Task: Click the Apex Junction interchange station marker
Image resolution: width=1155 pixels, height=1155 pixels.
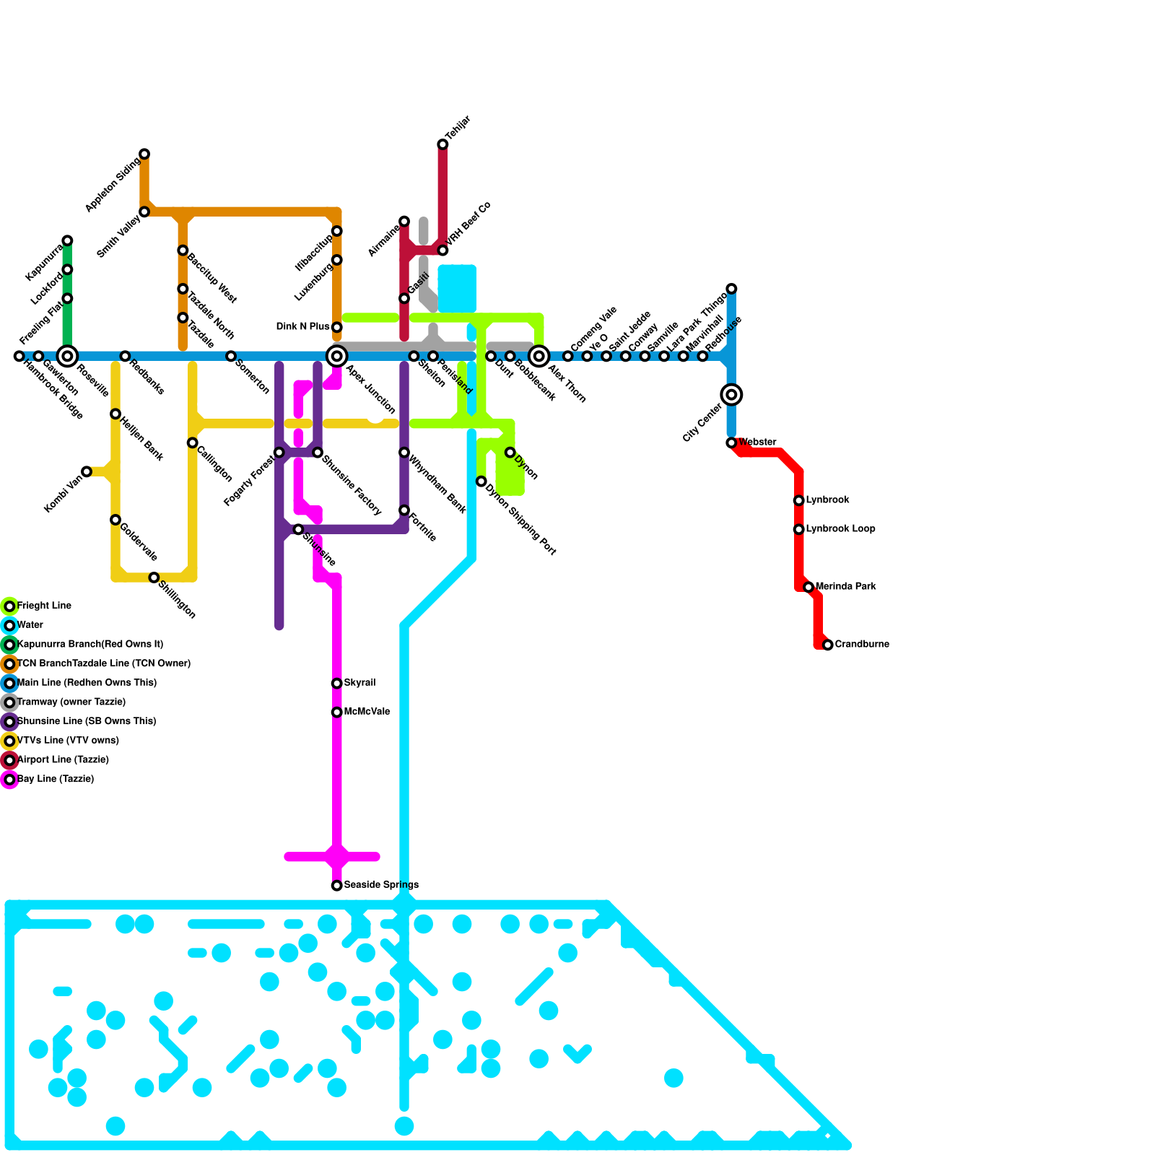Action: tap(336, 356)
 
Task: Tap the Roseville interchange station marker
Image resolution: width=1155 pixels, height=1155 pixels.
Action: tap(67, 356)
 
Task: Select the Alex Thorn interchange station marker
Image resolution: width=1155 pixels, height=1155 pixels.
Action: tap(539, 356)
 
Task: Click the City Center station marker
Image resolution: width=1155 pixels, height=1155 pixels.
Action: tap(731, 394)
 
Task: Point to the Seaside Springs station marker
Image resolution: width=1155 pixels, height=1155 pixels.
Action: tap(336, 885)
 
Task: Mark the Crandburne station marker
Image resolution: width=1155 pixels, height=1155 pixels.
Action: tap(828, 645)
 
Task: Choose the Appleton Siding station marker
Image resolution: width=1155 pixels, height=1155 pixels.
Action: tap(144, 154)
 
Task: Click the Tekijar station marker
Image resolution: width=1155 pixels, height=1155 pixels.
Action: tap(443, 144)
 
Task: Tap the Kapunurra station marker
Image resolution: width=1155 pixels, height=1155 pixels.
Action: tap(67, 240)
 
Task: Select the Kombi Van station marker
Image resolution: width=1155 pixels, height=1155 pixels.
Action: tap(87, 471)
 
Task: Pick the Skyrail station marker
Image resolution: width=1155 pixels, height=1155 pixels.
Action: tap(336, 683)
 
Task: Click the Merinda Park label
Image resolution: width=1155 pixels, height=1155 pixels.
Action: tap(845, 586)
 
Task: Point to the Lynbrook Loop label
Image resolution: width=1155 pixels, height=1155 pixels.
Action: tap(840, 528)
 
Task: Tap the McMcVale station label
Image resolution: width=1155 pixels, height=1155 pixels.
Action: tap(367, 712)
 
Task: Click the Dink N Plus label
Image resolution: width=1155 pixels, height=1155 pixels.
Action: tap(302, 327)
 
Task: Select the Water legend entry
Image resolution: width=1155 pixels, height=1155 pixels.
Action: tap(30, 625)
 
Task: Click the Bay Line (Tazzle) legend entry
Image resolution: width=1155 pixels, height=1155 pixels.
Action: tap(56, 779)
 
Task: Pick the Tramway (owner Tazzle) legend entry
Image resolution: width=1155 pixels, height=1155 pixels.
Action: tap(71, 702)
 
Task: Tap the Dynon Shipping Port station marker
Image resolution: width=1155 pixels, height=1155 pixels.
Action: tap(481, 481)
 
